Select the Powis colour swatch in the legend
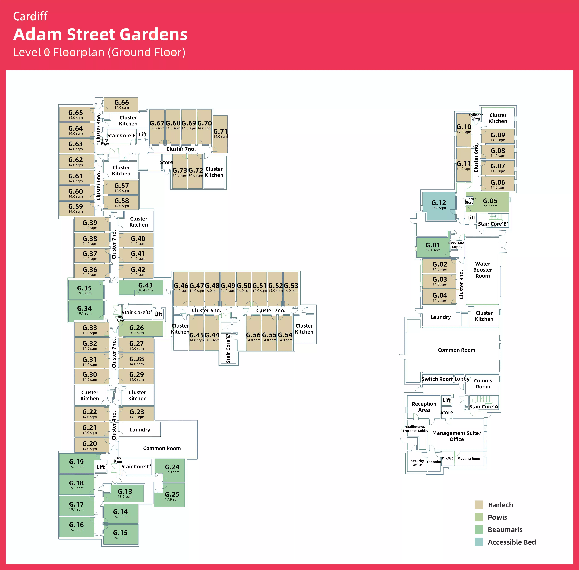coord(479,517)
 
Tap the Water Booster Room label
coord(482,270)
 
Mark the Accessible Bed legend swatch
coord(479,542)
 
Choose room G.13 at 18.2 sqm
coord(125,493)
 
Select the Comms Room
coord(483,384)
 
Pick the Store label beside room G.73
coord(166,162)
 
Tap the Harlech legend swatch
coord(479,505)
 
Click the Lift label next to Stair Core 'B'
coord(471,218)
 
